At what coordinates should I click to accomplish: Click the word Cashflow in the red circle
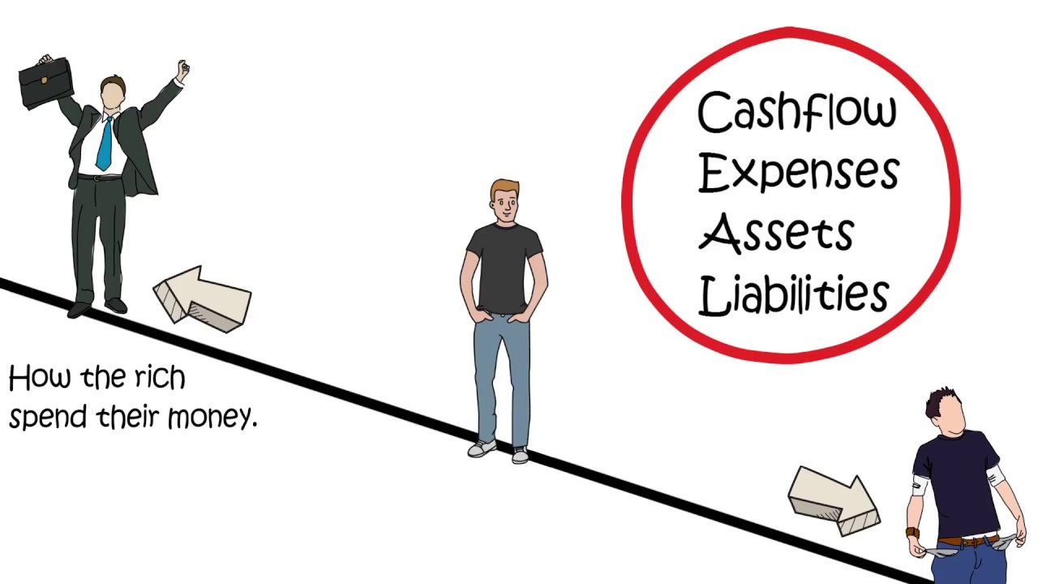(796, 113)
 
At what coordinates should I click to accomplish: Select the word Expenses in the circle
(798, 173)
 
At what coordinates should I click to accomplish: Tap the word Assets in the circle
(775, 232)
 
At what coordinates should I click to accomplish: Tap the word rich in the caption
(160, 378)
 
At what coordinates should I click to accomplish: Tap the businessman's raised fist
(183, 70)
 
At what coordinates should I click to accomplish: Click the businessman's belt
(101, 178)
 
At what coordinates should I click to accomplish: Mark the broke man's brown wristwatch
(913, 533)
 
